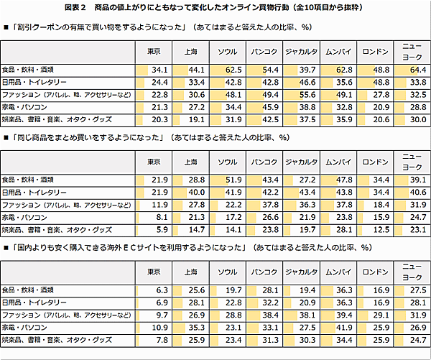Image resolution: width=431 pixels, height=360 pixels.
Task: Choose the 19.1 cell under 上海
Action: click(x=195, y=119)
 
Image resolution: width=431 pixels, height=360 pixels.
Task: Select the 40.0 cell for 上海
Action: click(x=195, y=191)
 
